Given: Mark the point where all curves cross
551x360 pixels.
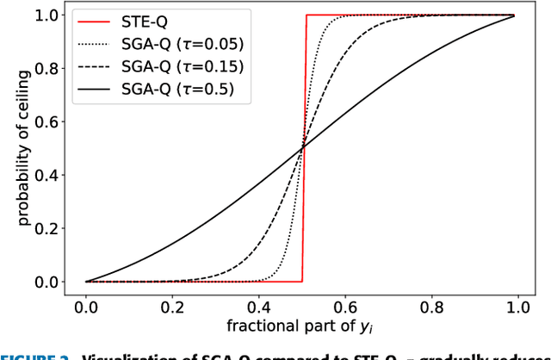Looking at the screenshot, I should pos(302,149).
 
